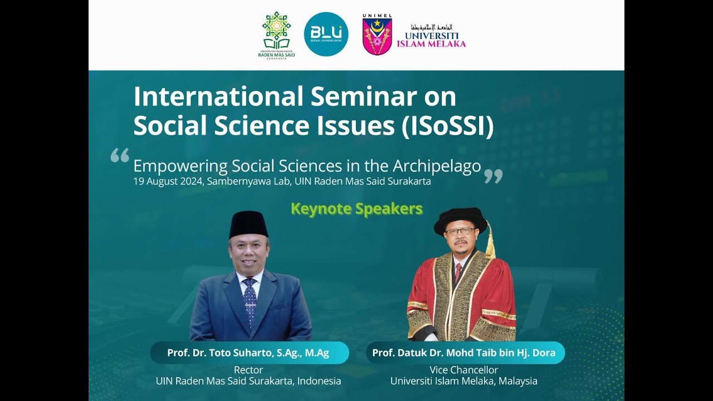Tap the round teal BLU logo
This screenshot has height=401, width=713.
[x=326, y=34]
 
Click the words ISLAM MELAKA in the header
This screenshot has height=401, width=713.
[x=432, y=43]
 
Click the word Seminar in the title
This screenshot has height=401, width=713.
[x=363, y=96]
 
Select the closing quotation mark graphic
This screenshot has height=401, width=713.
[x=493, y=176]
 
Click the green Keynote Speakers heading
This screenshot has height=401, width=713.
[x=356, y=209]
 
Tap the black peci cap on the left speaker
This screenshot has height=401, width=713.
[x=248, y=224]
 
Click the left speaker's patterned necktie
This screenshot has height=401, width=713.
[x=250, y=301]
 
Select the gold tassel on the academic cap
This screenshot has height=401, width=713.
[x=490, y=242]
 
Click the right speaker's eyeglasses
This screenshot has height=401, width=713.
[x=460, y=231]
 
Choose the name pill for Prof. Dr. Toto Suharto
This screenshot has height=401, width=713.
[x=248, y=353]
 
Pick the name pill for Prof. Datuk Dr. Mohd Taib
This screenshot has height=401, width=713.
[x=464, y=353]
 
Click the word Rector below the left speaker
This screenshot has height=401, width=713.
[x=248, y=370]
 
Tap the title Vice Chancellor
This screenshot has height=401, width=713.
[x=463, y=370]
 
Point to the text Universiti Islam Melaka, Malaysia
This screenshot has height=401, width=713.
[x=463, y=381]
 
